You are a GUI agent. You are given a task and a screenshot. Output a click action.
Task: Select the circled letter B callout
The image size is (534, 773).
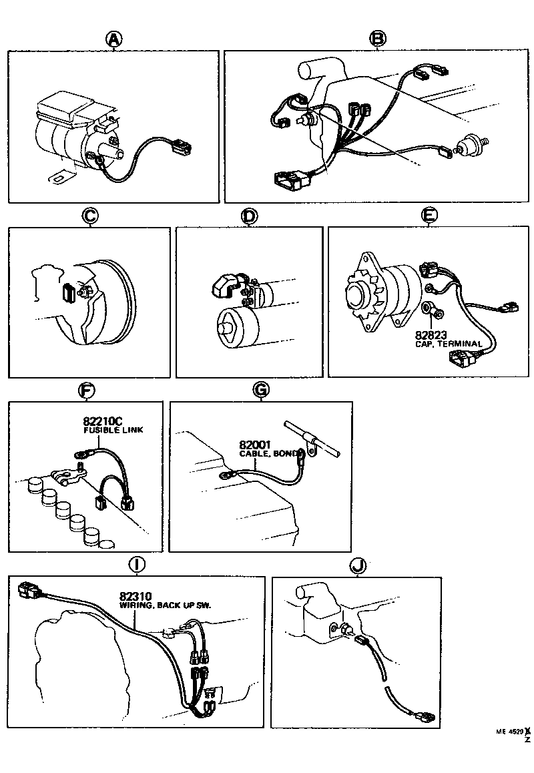(x=378, y=40)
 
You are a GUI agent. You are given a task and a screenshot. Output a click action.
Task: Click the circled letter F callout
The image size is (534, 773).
(x=85, y=390)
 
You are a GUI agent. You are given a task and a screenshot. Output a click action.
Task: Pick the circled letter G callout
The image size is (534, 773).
(x=261, y=390)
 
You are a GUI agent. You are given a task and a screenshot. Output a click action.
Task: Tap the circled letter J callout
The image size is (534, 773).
(x=358, y=565)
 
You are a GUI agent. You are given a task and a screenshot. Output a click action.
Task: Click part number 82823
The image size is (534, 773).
(x=431, y=334)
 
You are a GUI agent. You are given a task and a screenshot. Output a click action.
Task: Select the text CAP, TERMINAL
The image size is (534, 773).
(x=448, y=344)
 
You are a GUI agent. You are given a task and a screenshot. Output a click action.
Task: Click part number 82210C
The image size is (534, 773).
(x=103, y=421)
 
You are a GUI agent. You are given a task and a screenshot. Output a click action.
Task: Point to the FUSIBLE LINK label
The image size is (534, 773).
(x=113, y=431)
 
